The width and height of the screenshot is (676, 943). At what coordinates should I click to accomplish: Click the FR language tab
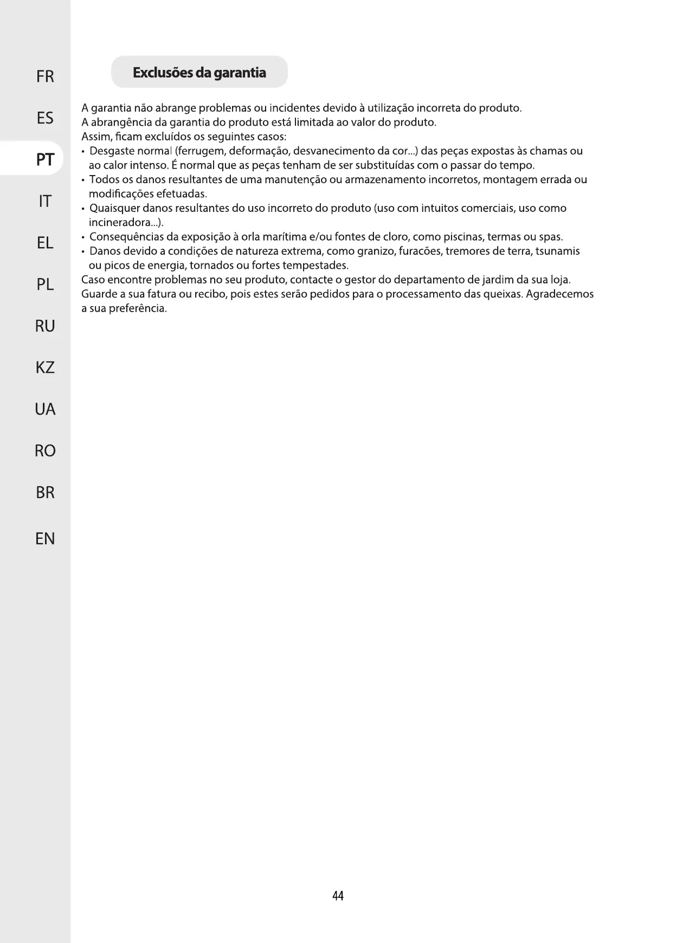click(45, 77)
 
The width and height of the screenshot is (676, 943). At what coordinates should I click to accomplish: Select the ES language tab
click(45, 118)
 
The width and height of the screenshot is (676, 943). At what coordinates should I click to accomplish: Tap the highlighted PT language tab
click(45, 160)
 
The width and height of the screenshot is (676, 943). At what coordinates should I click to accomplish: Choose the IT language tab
click(45, 202)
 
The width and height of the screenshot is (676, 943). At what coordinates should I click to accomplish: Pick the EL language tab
click(45, 243)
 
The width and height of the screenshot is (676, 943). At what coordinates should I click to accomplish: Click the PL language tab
click(45, 285)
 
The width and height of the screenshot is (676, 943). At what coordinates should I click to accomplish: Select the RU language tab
click(45, 326)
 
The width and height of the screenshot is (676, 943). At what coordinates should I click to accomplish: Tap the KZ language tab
click(45, 368)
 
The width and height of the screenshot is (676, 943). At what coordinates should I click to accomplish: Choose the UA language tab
click(45, 409)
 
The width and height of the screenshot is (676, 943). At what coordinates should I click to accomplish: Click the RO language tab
click(45, 451)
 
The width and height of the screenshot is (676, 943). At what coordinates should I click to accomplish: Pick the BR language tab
click(45, 493)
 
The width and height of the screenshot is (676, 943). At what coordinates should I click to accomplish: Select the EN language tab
click(45, 539)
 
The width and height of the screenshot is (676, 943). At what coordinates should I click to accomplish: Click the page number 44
click(338, 896)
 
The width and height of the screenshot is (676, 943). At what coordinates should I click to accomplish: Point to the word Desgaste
click(112, 151)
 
